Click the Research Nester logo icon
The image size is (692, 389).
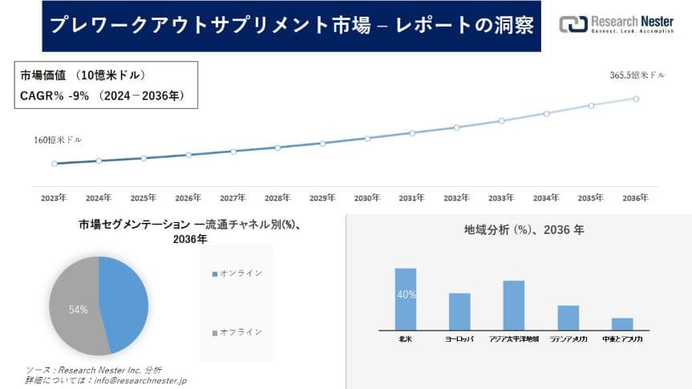tap(573, 24)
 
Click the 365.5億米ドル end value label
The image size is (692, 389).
tap(637, 75)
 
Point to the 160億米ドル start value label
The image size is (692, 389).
tap(57, 140)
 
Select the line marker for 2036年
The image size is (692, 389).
tap(636, 99)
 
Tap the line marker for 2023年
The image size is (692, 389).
tap(55, 164)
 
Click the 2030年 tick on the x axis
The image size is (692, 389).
tap(367, 197)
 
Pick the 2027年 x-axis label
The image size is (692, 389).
tap(233, 197)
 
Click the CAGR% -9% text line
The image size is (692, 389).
tap(102, 96)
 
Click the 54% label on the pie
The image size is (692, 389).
tap(78, 309)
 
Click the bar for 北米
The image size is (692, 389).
tap(406, 298)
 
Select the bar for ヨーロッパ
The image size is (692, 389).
tap(459, 311)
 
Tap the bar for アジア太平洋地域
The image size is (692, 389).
tap(513, 305)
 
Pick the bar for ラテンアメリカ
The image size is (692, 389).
tap(568, 317)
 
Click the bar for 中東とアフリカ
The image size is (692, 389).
tap(622, 323)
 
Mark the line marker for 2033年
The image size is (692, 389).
tap(501, 121)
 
